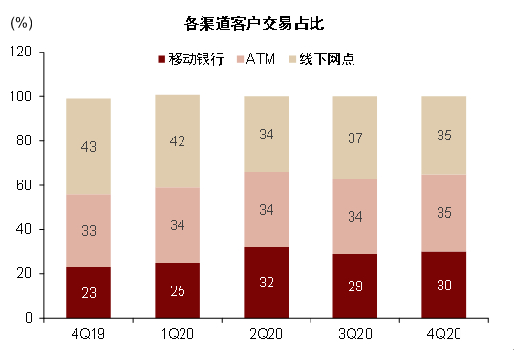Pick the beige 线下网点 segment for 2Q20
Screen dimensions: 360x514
click(x=266, y=134)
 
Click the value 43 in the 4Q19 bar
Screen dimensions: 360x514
click(x=87, y=147)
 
